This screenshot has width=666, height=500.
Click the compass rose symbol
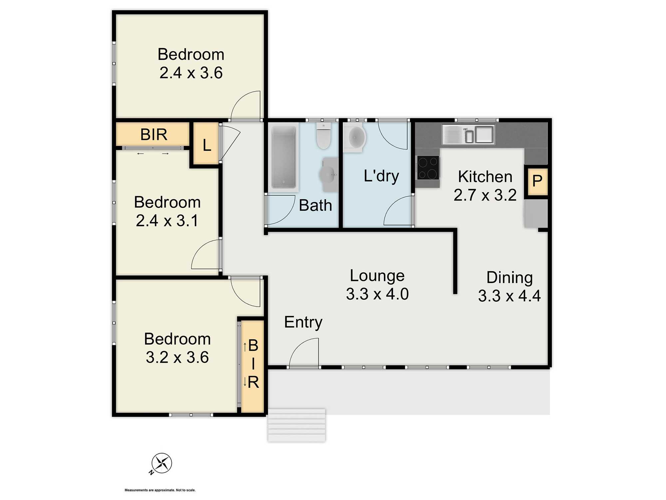click(162, 463)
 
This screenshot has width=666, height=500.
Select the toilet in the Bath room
click(323, 137)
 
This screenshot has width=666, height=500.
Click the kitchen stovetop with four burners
click(428, 168)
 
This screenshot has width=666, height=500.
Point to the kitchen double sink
click(468, 134)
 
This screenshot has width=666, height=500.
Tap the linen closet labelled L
click(206, 145)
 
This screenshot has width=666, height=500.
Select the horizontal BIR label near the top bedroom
click(154, 135)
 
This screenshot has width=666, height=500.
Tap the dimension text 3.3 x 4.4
click(509, 296)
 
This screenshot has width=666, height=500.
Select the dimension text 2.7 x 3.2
click(485, 195)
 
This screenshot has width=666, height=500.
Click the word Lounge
click(377, 276)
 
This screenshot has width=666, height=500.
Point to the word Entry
click(303, 322)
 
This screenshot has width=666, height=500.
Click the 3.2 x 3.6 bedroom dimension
click(177, 357)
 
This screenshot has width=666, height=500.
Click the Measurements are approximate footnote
click(160, 490)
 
